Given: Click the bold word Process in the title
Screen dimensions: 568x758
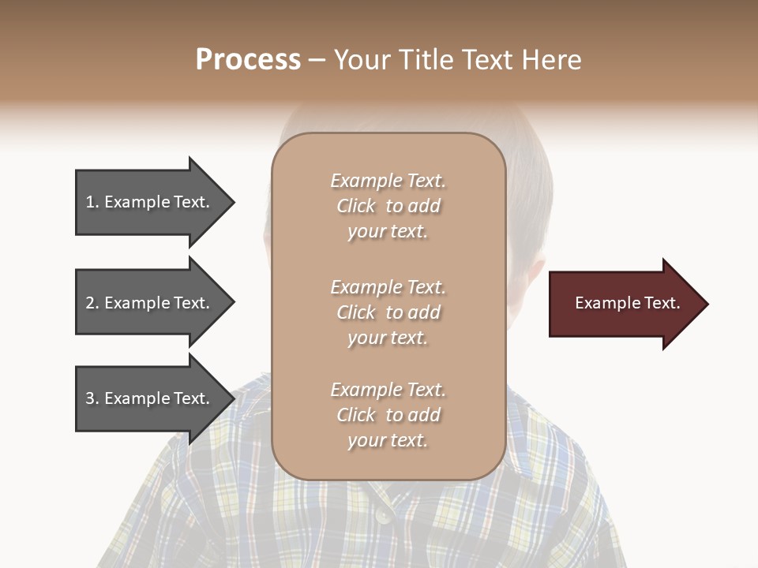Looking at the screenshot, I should click(x=248, y=60).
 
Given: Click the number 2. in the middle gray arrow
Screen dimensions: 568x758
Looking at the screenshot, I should click(x=92, y=303).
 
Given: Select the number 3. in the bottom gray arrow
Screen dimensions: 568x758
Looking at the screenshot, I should click(x=92, y=398).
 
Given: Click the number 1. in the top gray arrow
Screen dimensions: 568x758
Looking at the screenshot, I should click(x=92, y=202).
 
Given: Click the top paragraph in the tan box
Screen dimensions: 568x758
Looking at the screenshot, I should click(x=388, y=206).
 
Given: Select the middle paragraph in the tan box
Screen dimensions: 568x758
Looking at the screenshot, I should click(x=388, y=312).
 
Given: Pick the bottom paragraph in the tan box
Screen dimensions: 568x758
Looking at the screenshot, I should click(x=388, y=415).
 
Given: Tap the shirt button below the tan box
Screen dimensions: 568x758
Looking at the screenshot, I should click(x=384, y=514).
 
